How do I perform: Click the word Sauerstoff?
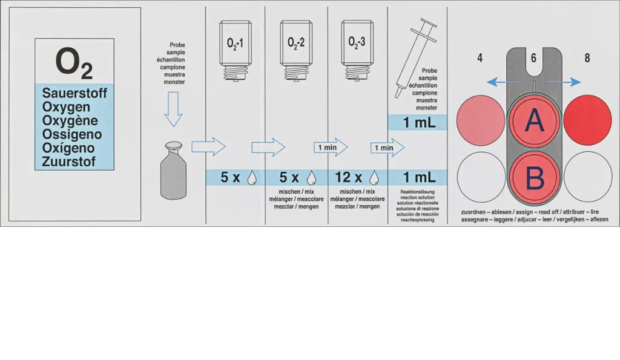(74, 93)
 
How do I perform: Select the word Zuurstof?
(69, 162)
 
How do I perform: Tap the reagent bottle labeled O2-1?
(236, 51)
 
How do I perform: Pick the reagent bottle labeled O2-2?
(296, 51)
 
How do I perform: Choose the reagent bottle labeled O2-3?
(357, 51)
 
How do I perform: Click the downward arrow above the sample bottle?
(173, 109)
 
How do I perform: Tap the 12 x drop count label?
(348, 177)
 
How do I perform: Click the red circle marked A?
(534, 120)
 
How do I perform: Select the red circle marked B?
(534, 177)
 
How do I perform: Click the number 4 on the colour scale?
(480, 58)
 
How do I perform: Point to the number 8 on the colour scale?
(587, 58)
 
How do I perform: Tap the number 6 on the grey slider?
(533, 58)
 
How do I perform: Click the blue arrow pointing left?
(504, 82)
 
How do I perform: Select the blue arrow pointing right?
(564, 82)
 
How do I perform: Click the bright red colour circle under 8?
(587, 120)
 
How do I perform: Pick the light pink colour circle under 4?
(481, 120)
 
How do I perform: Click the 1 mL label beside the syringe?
(419, 122)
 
